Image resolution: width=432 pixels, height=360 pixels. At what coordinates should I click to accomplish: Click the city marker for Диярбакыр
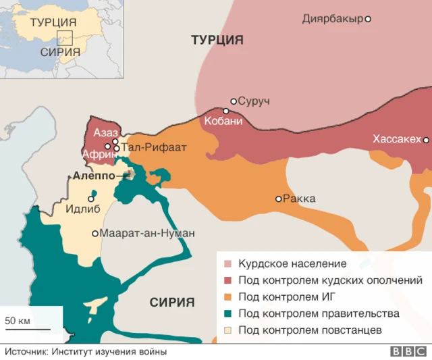pos(368,19)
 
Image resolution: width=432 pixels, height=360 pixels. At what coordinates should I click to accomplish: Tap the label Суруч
pos(254,101)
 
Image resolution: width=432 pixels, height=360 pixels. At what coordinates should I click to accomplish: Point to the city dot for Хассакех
pos(426,140)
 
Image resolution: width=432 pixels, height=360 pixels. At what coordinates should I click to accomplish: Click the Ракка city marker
pos(278,199)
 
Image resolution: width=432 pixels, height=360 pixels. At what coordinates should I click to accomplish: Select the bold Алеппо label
pos(93,176)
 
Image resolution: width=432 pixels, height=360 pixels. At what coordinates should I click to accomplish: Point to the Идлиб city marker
pos(91,199)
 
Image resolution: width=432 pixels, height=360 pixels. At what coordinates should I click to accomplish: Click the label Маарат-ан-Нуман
pos(147,233)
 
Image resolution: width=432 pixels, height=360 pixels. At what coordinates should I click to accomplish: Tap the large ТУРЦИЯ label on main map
pos(217,40)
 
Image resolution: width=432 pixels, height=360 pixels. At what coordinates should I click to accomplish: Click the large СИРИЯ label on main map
pos(172,302)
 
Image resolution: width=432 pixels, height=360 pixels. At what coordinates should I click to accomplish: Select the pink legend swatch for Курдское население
pos(227,263)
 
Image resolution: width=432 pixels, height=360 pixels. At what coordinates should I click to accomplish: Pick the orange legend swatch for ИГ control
pos(227,297)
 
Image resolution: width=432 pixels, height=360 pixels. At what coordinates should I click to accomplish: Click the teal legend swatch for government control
pos(227,313)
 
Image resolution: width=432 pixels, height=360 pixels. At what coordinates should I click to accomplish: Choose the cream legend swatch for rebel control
pos(227,330)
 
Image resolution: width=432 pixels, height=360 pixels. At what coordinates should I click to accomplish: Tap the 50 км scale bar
pos(27,329)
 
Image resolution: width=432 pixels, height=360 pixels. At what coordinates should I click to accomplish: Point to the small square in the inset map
pos(65,38)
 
